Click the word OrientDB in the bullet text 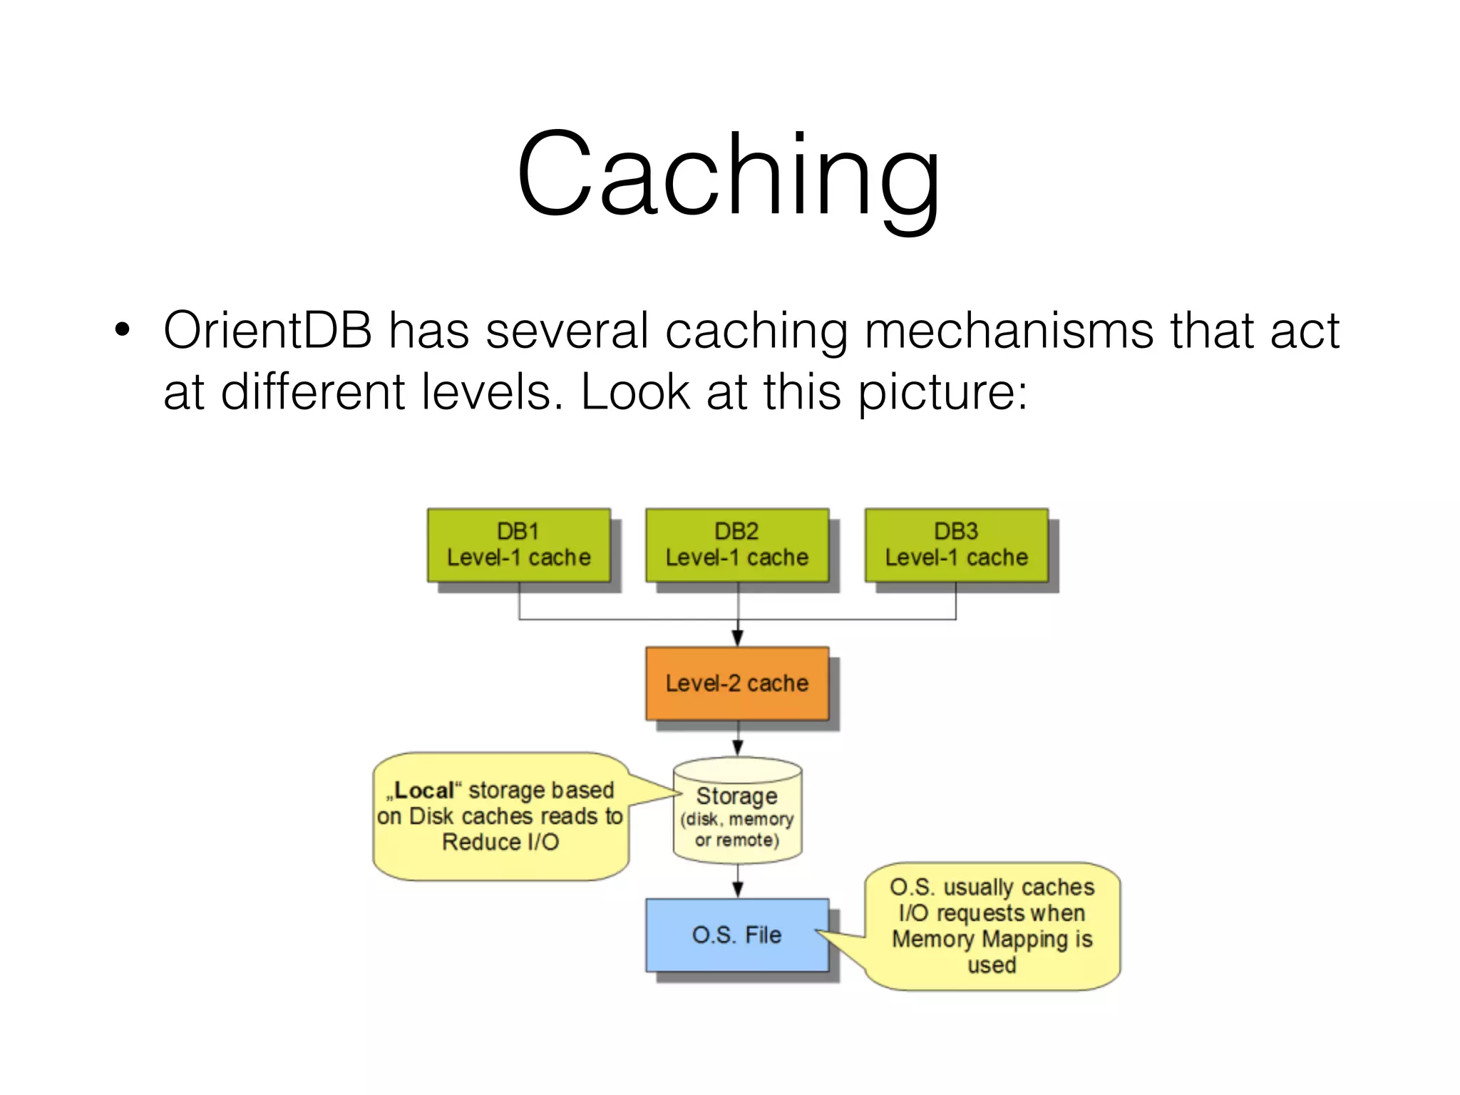[268, 331]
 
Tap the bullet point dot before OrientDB [123, 330]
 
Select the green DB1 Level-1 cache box [519, 545]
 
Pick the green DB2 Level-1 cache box [737, 545]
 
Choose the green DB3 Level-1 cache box [956, 545]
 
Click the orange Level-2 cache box [737, 684]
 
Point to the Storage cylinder [737, 813]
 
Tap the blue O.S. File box [737, 935]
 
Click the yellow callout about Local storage [500, 817]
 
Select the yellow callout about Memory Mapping [992, 926]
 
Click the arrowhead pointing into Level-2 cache [738, 638]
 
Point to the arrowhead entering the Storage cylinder [738, 747]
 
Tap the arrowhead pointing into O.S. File [738, 889]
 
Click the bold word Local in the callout [424, 791]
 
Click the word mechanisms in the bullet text [1009, 331]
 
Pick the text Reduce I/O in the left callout [500, 843]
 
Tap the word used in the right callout [992, 965]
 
